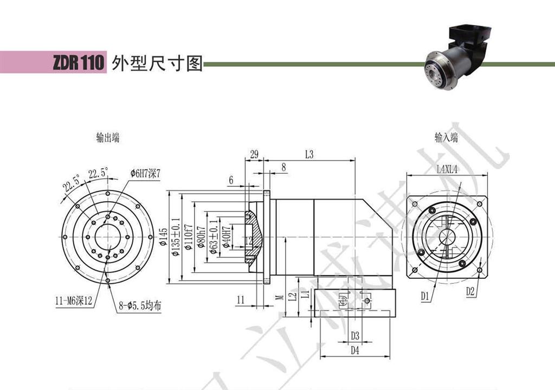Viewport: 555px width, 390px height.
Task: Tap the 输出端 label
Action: point(107,138)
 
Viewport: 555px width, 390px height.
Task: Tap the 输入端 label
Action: point(446,138)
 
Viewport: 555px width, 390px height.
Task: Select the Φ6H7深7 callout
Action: point(146,172)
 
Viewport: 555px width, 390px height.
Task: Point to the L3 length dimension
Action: point(309,155)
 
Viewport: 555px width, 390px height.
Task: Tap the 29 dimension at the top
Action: point(254,155)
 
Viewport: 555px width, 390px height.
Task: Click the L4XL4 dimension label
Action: point(447,169)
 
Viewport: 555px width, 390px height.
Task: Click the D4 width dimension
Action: point(355,350)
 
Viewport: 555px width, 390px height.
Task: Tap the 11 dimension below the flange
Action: point(241,299)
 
